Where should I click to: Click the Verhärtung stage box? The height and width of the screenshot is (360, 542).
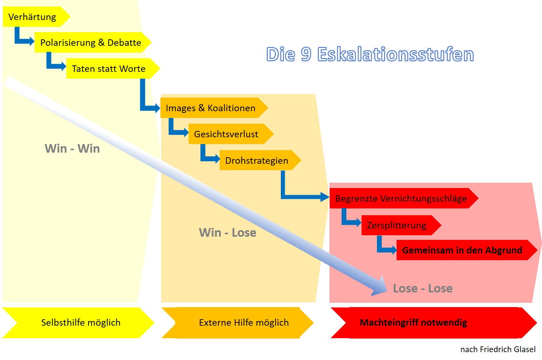(34, 17)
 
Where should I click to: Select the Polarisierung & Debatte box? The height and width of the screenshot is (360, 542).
(91, 43)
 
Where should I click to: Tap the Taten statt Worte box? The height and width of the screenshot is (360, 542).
(109, 69)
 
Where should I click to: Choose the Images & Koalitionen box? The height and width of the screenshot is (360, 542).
(211, 108)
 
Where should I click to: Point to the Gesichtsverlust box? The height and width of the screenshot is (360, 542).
(227, 134)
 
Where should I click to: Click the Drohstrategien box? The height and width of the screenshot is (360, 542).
(257, 161)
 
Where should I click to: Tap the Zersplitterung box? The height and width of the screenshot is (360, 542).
(397, 225)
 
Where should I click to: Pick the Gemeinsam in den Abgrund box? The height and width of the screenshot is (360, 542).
(463, 250)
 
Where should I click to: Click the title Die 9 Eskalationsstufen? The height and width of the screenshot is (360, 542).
(370, 55)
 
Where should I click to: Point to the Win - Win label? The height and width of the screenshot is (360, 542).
(72, 148)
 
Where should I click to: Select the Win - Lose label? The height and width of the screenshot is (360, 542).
(228, 233)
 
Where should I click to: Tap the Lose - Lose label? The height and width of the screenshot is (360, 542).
(423, 289)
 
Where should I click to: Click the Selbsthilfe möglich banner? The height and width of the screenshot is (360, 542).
(80, 323)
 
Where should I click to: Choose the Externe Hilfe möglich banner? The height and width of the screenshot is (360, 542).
(244, 323)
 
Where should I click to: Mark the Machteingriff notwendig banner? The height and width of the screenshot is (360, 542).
(413, 323)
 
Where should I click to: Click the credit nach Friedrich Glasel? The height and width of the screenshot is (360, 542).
(498, 349)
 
